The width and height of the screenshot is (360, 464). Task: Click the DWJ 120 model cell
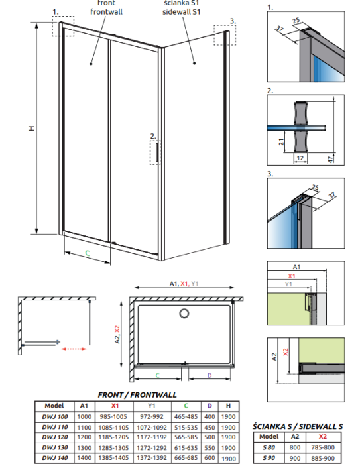tap(60, 437)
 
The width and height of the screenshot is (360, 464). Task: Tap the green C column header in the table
tap(186, 406)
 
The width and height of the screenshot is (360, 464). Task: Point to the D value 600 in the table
tap(210, 457)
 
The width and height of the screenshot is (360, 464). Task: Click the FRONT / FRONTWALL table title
tap(137, 394)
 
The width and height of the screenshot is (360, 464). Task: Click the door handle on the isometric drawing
tap(157, 152)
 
